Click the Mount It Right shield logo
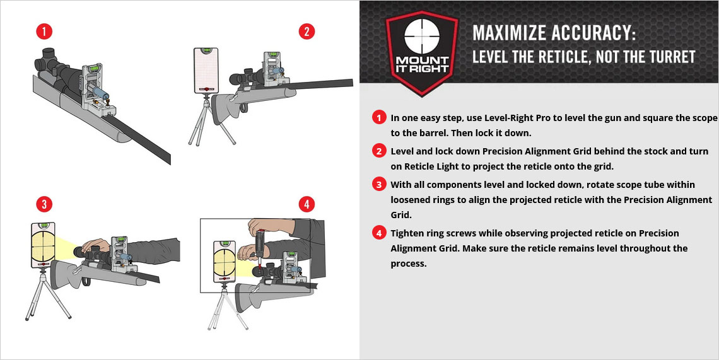421,53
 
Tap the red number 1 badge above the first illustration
44,32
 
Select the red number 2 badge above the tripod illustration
307,32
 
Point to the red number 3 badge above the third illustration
44,204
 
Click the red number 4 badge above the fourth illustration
307,204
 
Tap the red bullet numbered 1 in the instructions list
379,118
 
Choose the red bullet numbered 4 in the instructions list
379,233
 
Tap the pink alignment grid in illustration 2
206,70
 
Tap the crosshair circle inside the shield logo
422,37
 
